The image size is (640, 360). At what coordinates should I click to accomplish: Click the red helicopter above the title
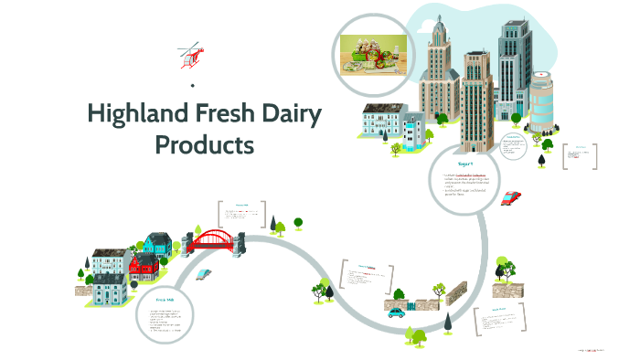191,55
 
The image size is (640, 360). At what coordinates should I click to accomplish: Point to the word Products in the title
204,144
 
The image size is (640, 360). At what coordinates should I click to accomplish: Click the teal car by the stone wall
396,311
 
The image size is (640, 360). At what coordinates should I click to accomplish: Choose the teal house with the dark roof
157,244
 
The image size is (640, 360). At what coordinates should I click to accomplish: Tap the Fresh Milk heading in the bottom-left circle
164,299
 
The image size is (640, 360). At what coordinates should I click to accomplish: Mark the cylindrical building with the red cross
541,101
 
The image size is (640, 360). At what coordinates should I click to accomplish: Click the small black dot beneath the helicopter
192,86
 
